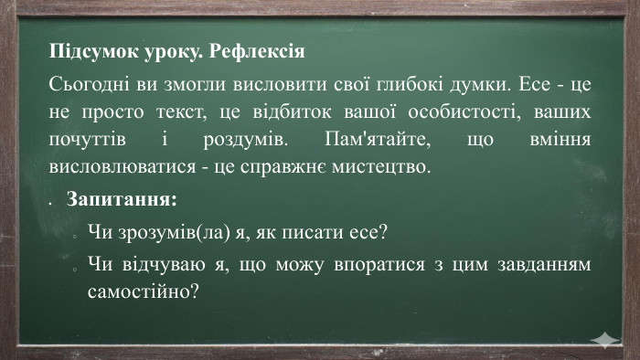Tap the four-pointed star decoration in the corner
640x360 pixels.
coord(603,340)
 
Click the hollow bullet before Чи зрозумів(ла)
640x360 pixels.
coord(72,235)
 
